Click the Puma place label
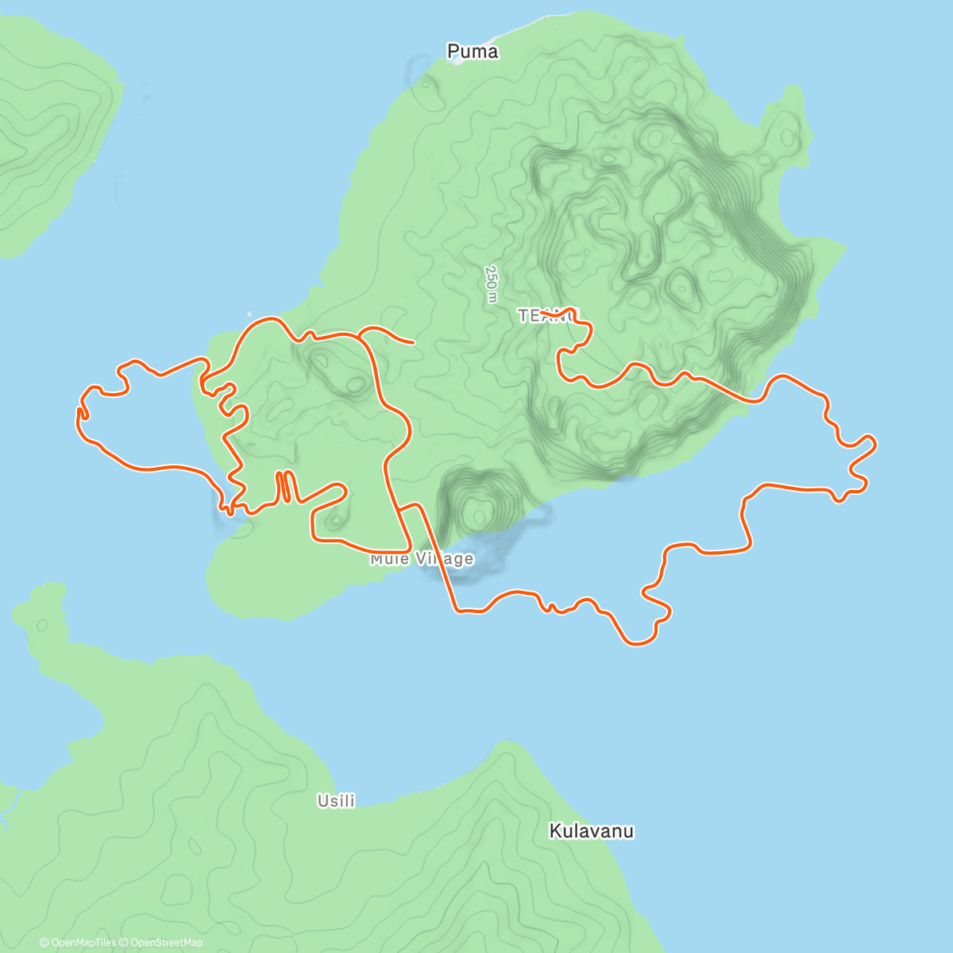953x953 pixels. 473,52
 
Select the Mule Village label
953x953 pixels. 422,559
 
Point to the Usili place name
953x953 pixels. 336,801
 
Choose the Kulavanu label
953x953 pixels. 592,831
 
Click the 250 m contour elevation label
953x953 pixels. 492,284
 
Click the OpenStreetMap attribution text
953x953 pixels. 166,943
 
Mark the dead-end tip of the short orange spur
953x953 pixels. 414,343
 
